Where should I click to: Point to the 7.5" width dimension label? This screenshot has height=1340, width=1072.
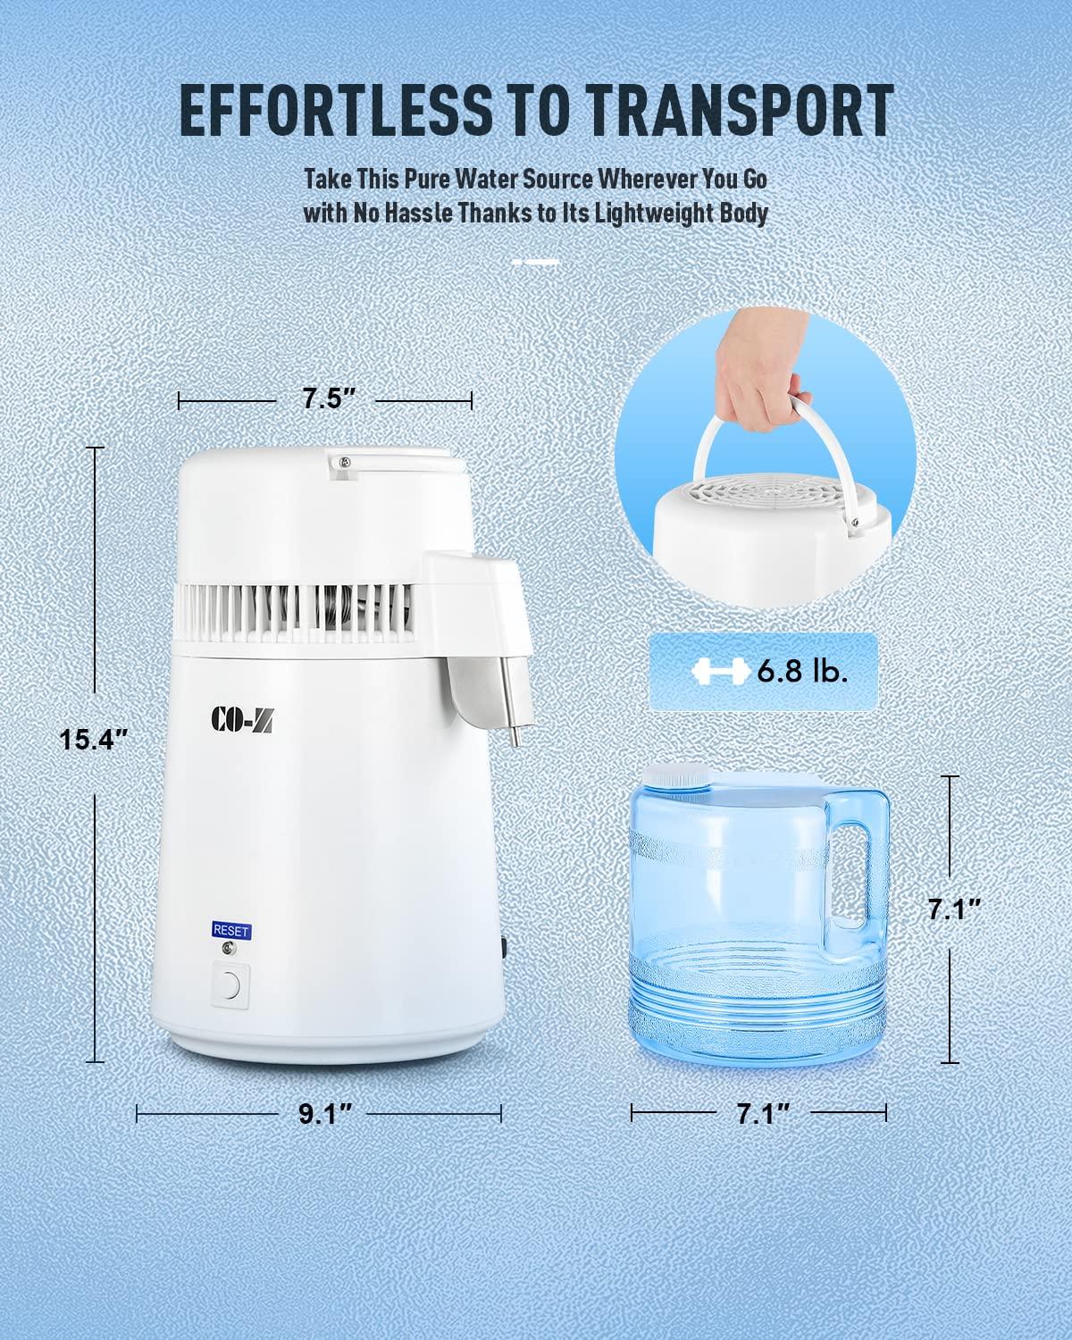(x=323, y=399)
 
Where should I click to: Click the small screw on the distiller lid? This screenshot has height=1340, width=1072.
(x=341, y=462)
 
